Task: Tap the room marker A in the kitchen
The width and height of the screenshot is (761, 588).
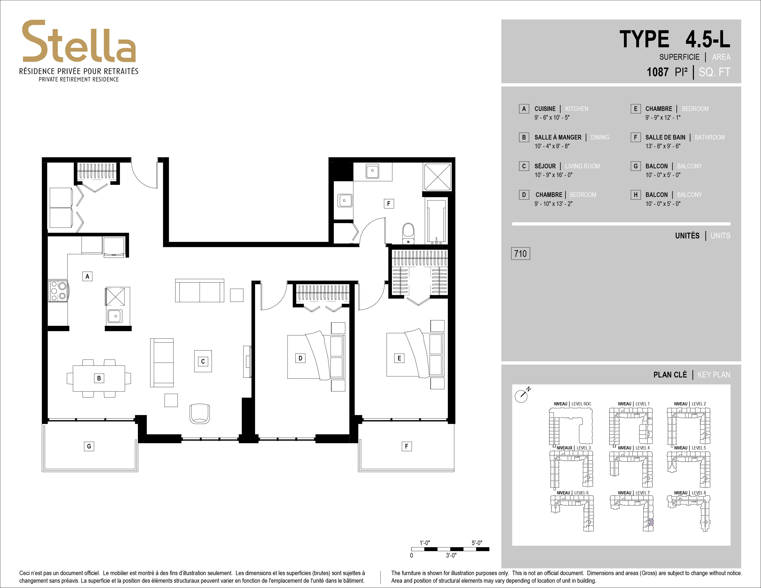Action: (87, 276)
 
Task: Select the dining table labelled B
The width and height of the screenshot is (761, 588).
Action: (99, 378)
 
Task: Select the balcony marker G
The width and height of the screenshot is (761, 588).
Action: (89, 446)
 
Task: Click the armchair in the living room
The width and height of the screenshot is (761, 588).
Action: (200, 413)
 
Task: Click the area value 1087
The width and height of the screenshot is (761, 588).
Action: (657, 72)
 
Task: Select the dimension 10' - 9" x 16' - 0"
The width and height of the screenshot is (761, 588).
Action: (553, 175)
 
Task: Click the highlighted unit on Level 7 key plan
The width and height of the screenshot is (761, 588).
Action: (651, 522)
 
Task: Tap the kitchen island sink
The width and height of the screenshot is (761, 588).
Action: (115, 316)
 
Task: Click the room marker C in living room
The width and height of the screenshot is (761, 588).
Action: (203, 361)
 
